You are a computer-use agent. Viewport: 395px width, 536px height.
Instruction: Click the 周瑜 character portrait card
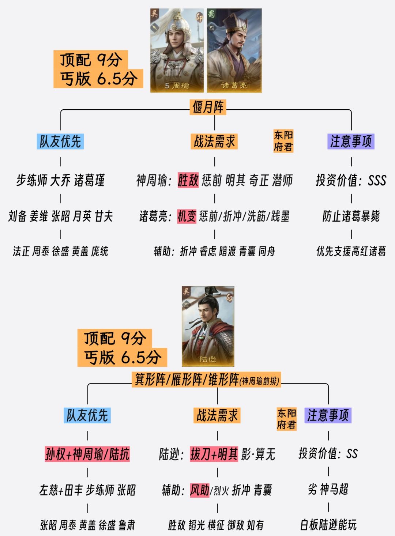tap(177, 50)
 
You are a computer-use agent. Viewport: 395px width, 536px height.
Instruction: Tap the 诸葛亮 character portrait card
tap(234, 50)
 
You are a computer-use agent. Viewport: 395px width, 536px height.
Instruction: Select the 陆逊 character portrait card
tap(208, 326)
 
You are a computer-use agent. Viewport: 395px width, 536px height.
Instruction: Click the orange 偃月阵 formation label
tap(208, 107)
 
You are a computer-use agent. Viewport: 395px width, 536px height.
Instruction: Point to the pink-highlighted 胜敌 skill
tap(188, 180)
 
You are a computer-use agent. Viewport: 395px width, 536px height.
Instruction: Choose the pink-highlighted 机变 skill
tap(187, 216)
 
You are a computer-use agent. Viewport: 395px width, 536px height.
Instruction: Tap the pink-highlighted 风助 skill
tap(200, 490)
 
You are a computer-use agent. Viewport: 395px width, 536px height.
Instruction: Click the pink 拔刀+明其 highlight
tap(214, 454)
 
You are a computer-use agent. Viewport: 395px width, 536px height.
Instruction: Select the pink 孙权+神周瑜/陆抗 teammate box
tap(87, 454)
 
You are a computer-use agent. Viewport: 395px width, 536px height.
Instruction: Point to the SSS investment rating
tap(377, 180)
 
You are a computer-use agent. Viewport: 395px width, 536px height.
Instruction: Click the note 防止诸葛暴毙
tap(351, 216)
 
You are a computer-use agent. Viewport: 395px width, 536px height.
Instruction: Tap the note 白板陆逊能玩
tap(328, 525)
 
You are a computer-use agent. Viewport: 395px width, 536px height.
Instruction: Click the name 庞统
tap(99, 252)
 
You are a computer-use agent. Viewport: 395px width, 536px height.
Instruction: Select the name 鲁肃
tap(127, 525)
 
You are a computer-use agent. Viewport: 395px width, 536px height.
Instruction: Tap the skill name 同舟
tap(267, 252)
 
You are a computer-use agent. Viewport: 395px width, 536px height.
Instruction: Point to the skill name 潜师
tap(282, 180)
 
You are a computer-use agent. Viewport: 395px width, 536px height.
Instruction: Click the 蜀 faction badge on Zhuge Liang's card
tap(211, 14)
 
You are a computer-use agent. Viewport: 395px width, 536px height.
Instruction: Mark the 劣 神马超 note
tap(328, 489)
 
